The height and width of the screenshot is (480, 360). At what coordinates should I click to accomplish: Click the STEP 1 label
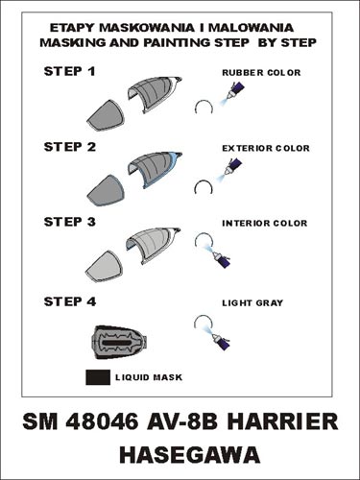[69, 71]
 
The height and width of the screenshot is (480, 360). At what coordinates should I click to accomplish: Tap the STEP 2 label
[70, 147]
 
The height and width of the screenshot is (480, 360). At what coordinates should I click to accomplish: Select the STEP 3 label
[70, 222]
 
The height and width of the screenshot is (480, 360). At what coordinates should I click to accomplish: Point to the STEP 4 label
[70, 301]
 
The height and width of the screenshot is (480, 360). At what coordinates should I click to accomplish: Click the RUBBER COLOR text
[261, 73]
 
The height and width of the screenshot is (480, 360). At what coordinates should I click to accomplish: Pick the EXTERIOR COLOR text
[266, 148]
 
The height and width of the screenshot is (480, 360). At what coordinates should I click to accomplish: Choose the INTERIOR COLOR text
[265, 223]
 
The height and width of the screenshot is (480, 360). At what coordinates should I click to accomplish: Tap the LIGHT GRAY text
[252, 302]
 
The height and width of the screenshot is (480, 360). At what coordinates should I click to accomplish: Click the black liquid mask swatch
[98, 377]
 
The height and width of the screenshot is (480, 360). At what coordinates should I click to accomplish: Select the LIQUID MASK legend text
[149, 377]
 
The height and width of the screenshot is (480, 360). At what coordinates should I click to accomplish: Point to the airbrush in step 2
[231, 168]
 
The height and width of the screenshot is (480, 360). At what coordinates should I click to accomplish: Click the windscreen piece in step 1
[106, 115]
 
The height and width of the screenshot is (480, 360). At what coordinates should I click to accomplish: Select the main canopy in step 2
[156, 170]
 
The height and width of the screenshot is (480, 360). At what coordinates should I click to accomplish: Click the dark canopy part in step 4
[121, 343]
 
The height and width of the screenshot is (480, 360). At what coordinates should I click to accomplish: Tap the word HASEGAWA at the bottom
[190, 455]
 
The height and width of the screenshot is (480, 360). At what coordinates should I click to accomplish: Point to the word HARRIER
[282, 421]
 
